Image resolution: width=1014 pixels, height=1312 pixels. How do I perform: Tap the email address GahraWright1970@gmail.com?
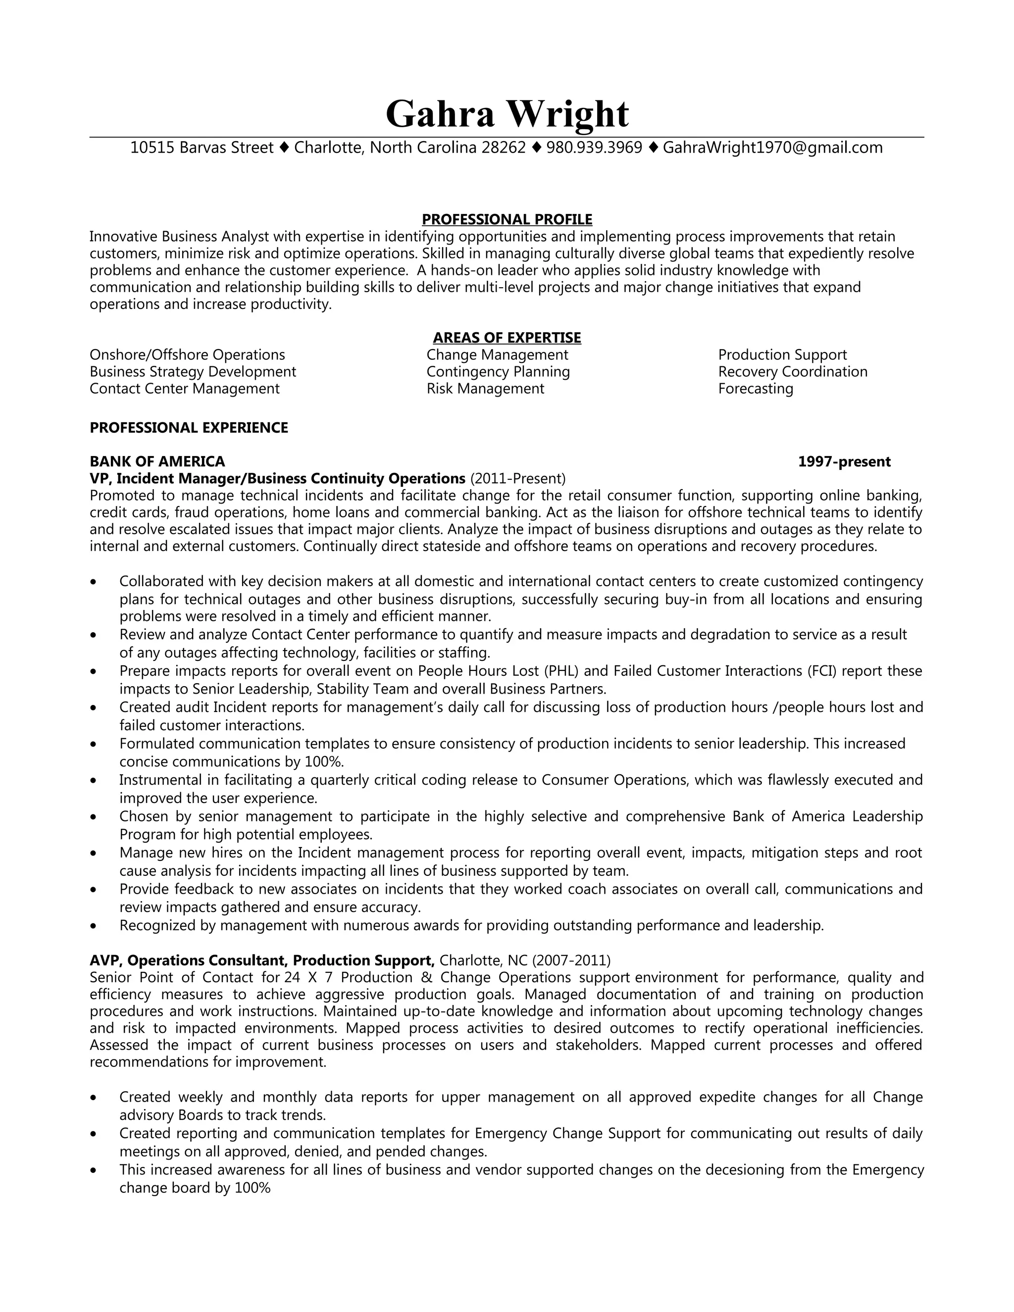772,148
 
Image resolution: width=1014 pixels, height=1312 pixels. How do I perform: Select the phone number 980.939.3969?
594,148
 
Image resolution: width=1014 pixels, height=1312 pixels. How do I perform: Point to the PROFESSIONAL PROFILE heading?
507,219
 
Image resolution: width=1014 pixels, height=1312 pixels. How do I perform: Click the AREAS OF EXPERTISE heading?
507,338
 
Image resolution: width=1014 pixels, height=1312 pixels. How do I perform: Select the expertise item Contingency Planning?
498,372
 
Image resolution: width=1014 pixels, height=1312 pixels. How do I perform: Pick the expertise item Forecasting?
755,389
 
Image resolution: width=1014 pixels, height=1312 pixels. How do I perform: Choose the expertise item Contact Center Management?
184,389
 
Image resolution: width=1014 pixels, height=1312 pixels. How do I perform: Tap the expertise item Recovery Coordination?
792,372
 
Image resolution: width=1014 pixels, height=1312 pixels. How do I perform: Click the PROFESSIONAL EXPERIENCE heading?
189,428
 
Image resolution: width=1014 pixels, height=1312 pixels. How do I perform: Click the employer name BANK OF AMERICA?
157,461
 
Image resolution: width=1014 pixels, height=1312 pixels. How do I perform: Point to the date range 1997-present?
844,461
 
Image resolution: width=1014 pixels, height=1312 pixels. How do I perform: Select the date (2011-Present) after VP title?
518,479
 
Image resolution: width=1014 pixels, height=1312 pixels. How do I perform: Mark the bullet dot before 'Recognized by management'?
93,926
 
